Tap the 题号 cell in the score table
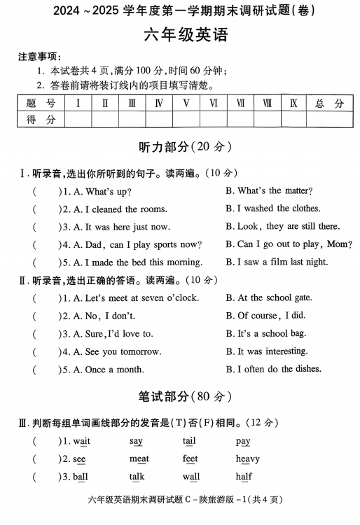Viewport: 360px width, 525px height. click(41, 104)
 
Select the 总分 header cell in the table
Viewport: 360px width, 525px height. click(329, 104)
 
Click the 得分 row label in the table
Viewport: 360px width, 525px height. click(41, 120)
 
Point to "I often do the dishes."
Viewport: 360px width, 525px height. click(274, 369)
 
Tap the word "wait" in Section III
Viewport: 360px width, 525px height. click(82, 441)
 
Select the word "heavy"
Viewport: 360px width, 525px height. click(248, 459)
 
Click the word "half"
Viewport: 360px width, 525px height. click(244, 477)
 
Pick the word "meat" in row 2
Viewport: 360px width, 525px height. click(139, 459)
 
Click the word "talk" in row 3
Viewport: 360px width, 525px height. click(137, 477)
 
